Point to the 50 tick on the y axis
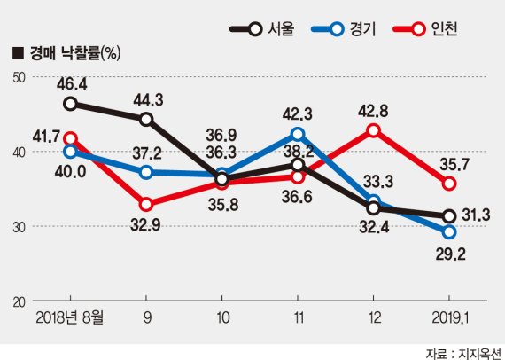(18, 77)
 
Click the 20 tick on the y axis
(18, 301)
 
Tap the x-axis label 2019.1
(449, 317)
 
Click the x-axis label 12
(373, 317)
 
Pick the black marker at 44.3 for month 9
(146, 119)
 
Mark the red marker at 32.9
(146, 204)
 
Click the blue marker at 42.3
(298, 134)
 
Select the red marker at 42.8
(374, 130)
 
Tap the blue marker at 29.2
(449, 231)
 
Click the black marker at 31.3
(449, 215)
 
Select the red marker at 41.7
(70, 138)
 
